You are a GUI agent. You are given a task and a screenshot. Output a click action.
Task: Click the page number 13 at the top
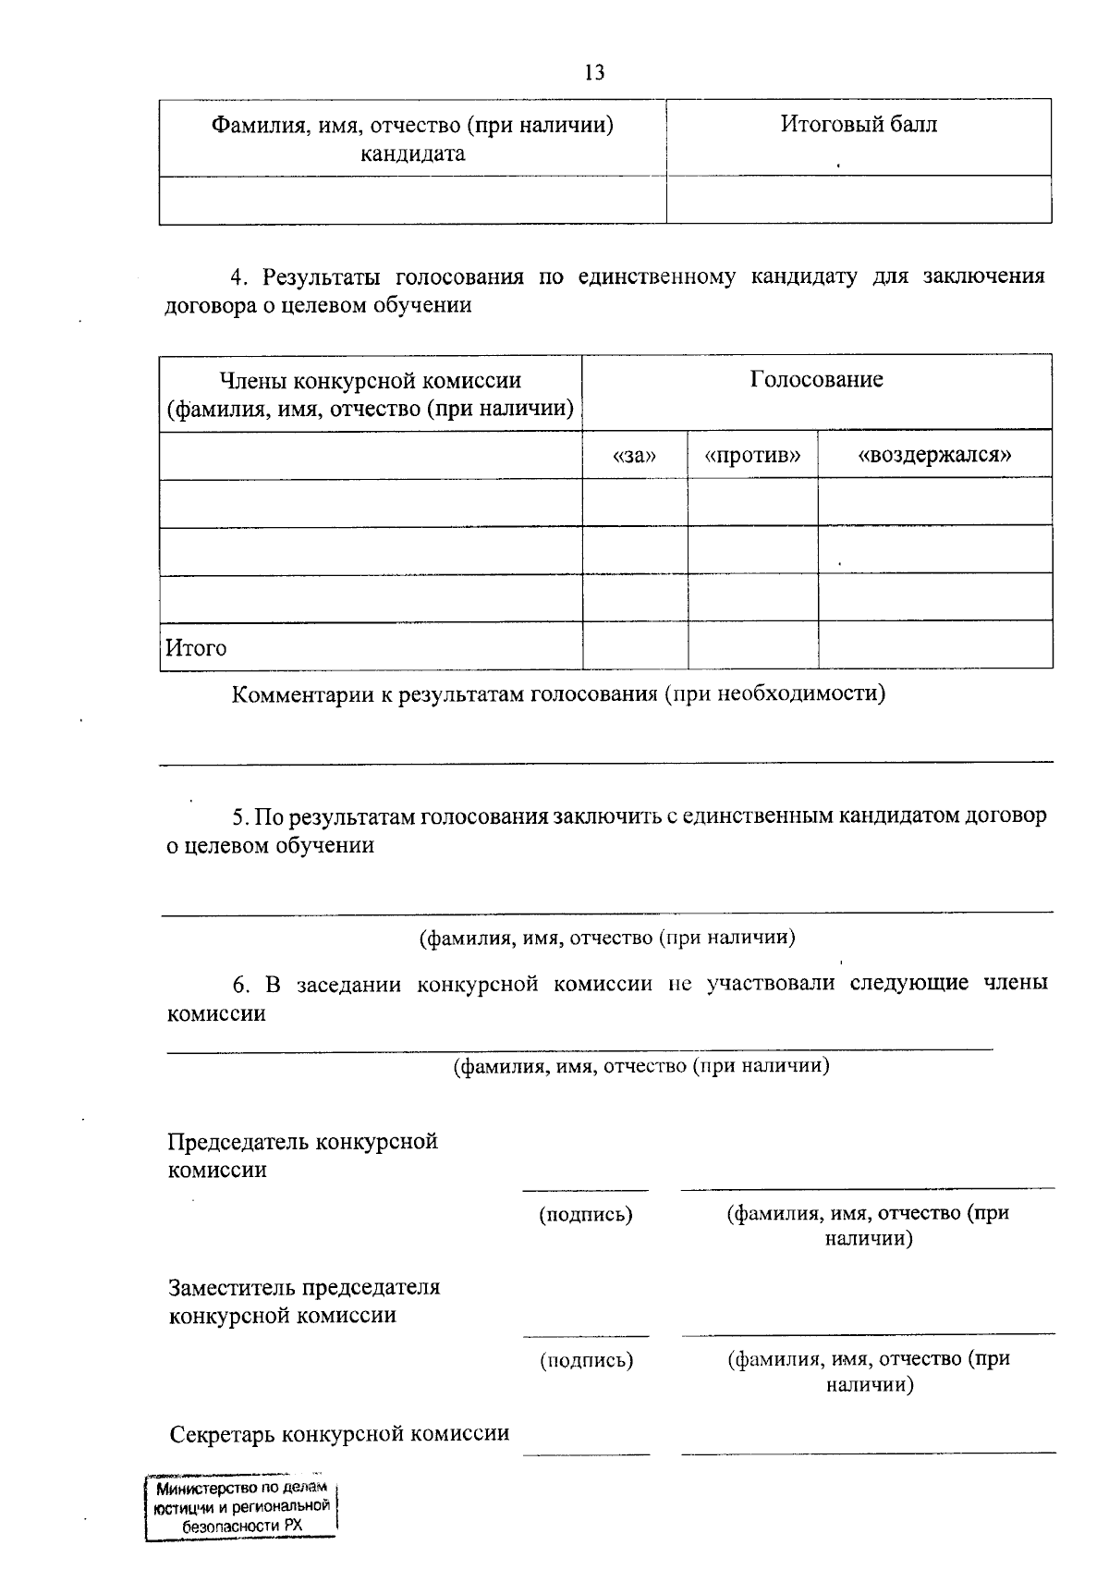click(594, 72)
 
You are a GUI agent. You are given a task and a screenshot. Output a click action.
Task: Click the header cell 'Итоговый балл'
click(858, 124)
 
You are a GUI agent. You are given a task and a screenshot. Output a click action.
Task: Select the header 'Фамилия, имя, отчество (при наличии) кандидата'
click(412, 138)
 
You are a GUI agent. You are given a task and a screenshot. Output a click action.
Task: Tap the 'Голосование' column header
click(816, 379)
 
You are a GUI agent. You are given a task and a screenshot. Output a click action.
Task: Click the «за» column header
click(634, 455)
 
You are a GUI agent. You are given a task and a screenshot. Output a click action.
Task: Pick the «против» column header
click(751, 455)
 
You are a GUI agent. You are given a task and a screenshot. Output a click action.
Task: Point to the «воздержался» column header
click(934, 455)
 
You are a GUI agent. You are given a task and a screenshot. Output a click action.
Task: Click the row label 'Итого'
click(196, 647)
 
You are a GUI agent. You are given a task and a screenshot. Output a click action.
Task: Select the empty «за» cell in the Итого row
click(635, 645)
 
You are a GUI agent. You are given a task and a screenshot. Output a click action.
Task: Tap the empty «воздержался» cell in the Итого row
click(934, 645)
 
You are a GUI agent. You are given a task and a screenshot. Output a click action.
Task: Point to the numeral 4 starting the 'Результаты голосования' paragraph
click(236, 276)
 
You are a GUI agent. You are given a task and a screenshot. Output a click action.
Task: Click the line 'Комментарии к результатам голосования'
click(557, 693)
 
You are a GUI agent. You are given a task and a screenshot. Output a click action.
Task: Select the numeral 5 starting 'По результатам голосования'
click(238, 816)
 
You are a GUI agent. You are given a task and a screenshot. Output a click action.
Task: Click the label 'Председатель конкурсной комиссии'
click(302, 1155)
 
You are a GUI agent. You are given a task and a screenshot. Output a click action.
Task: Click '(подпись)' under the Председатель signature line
click(586, 1214)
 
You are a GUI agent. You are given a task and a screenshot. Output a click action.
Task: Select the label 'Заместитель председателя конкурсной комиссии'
click(304, 1301)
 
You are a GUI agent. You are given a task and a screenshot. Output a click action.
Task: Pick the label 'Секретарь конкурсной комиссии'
click(339, 1433)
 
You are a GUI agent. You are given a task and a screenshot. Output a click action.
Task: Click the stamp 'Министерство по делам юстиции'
click(241, 1508)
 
